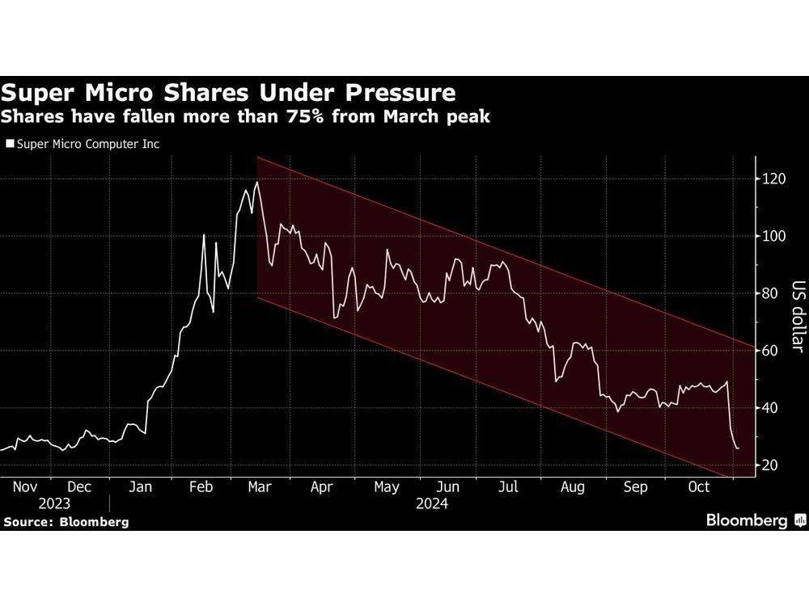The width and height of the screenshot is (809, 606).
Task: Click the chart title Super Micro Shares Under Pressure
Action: (x=229, y=91)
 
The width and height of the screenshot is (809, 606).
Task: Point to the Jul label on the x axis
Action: (x=509, y=487)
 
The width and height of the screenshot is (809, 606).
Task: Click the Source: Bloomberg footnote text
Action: (x=66, y=522)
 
